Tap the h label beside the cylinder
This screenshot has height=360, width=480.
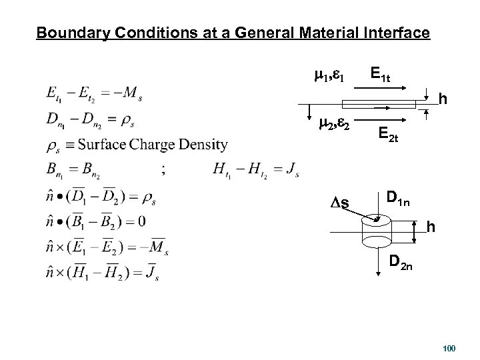click(431, 228)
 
